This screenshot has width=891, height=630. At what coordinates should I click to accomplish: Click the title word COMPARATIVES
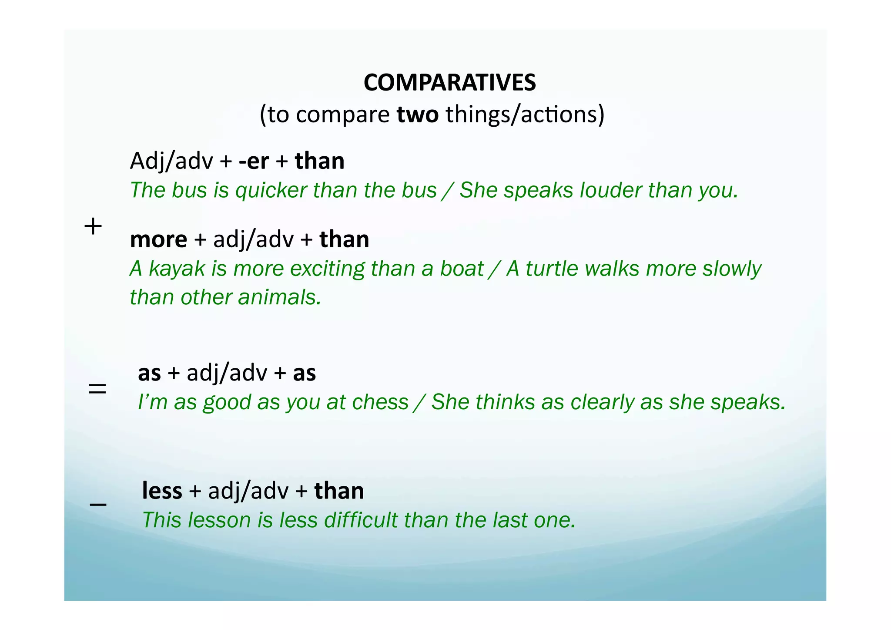point(449,82)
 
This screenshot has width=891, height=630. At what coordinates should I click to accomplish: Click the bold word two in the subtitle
point(418,115)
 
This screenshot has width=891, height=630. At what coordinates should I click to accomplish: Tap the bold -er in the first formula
point(254,161)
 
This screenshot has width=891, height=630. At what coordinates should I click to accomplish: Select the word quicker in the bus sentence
point(271,191)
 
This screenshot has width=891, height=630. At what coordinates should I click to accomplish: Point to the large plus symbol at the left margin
point(93,227)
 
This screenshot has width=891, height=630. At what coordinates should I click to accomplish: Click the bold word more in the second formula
point(158,239)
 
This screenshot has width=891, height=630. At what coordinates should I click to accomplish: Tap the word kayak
point(177,269)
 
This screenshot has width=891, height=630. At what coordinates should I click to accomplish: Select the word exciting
point(327,269)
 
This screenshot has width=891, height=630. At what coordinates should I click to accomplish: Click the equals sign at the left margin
point(97,389)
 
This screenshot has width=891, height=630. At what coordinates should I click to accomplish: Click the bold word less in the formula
point(162,491)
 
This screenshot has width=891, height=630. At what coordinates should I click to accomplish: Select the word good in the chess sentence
point(227,402)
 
